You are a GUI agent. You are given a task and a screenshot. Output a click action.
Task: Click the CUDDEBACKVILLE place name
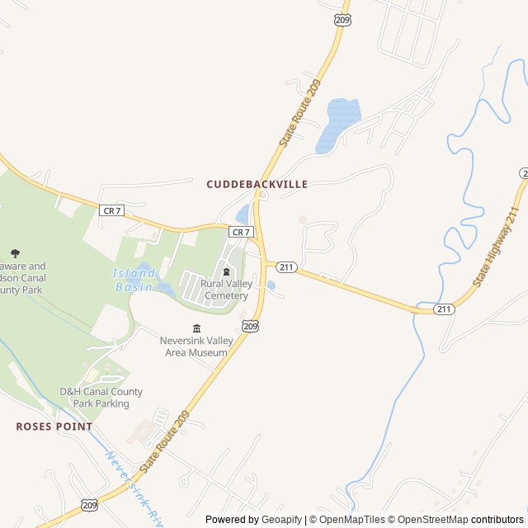(x=257, y=185)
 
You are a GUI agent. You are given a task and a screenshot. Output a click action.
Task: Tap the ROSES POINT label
(x=54, y=427)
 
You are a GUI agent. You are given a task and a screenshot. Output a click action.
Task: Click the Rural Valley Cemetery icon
(x=226, y=271)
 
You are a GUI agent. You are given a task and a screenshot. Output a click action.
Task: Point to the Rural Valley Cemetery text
(x=225, y=290)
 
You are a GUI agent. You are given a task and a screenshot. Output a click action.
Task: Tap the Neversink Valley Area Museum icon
(x=196, y=329)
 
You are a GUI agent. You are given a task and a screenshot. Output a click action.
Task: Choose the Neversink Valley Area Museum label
(x=193, y=346)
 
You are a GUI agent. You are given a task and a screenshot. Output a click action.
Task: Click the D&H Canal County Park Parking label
(x=101, y=398)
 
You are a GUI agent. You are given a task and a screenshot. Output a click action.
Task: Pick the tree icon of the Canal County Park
(x=15, y=253)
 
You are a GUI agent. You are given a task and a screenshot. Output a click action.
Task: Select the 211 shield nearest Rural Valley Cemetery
(x=286, y=266)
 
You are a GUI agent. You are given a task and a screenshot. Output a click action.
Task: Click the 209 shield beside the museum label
(x=247, y=327)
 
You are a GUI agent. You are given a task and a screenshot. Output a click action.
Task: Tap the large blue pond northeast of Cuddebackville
(x=337, y=124)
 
